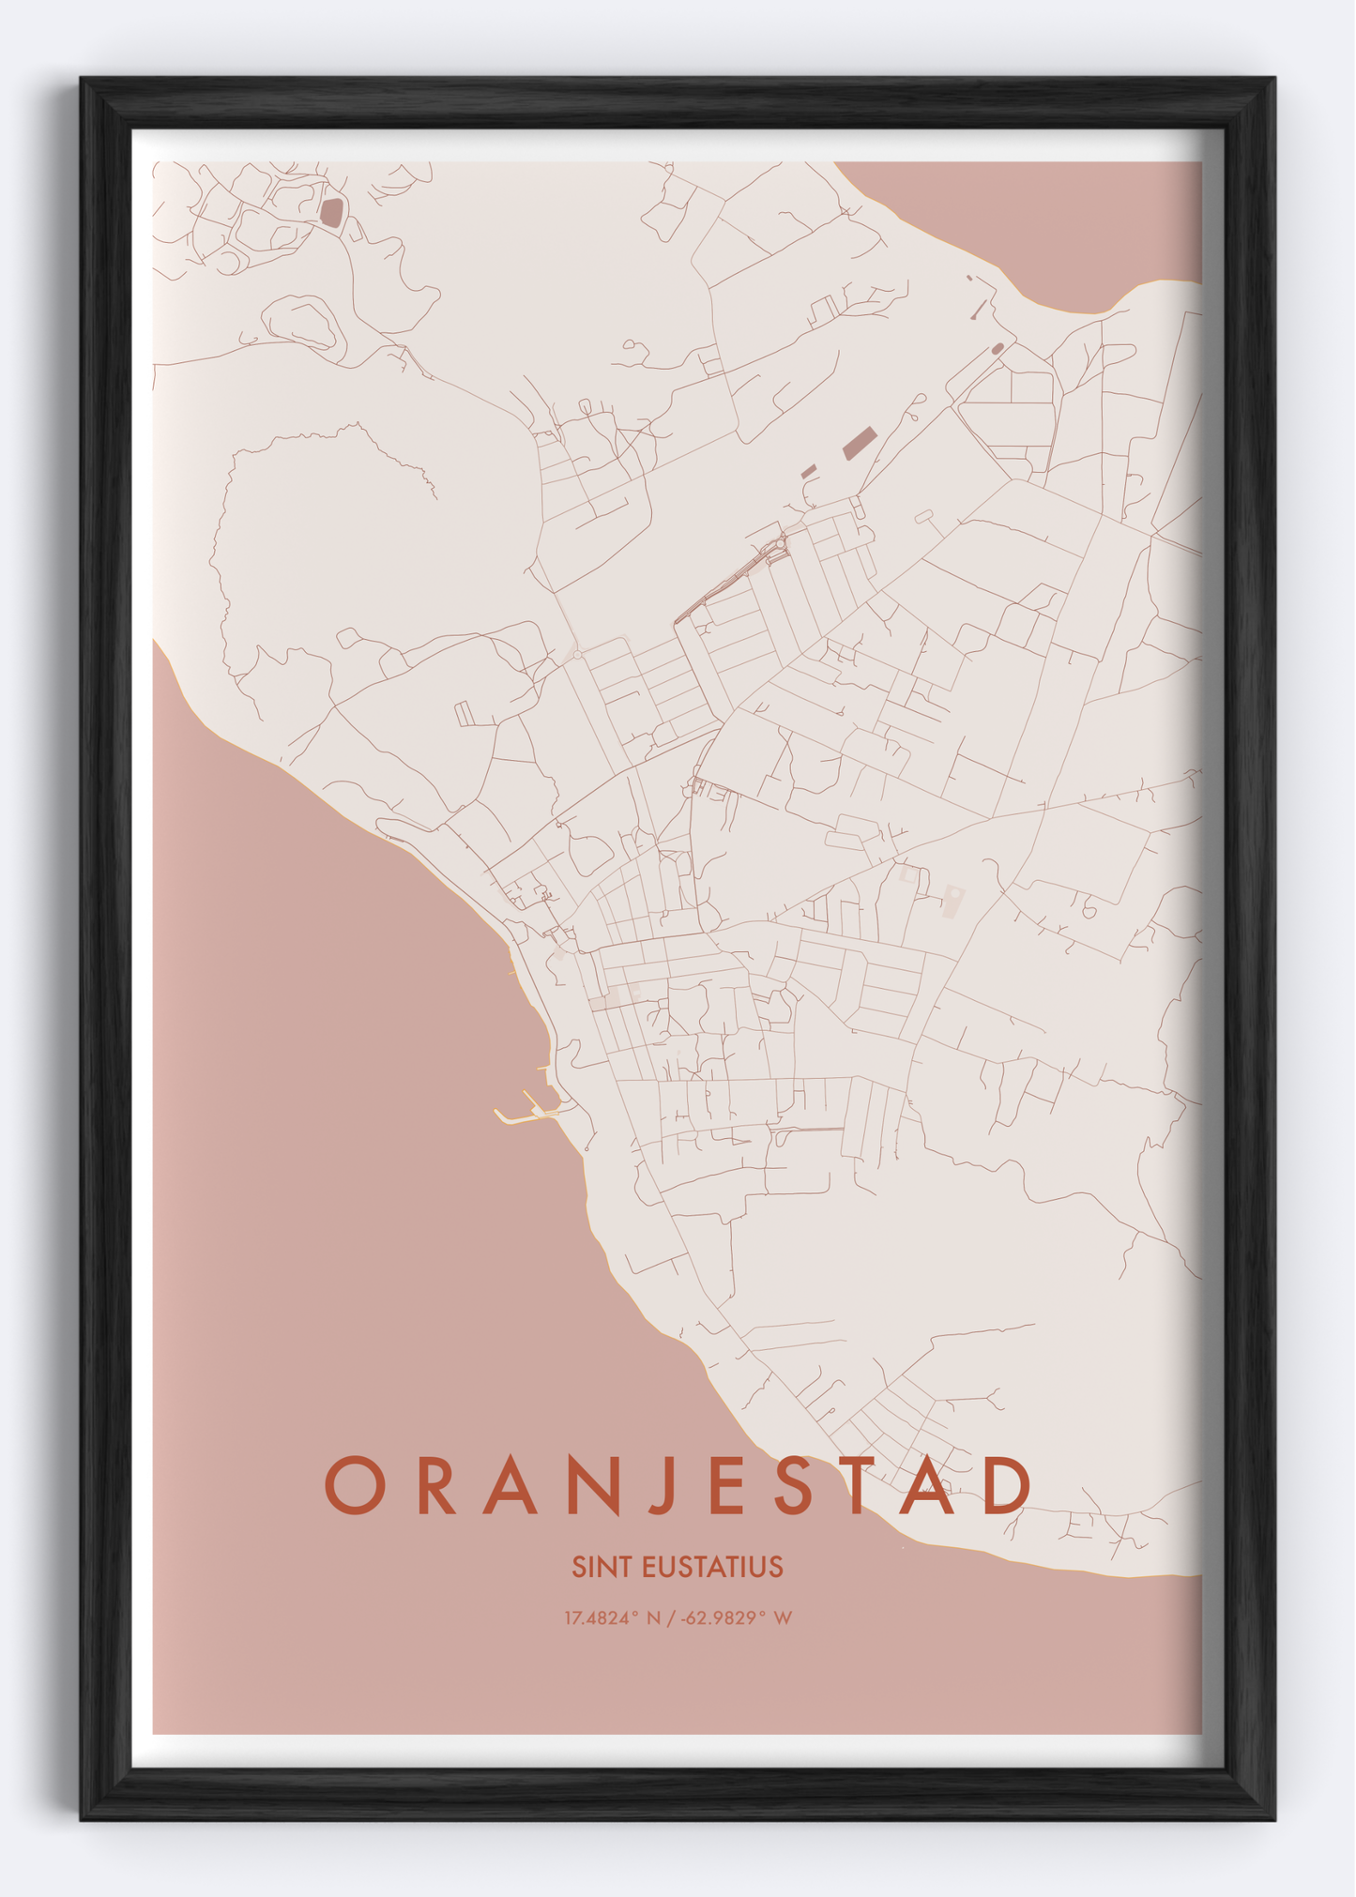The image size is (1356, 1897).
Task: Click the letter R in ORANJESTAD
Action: tap(435, 1485)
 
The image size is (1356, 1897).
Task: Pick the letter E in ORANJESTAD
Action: tap(729, 1485)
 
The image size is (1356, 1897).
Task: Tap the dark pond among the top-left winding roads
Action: tap(331, 212)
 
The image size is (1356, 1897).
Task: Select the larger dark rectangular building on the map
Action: tap(860, 442)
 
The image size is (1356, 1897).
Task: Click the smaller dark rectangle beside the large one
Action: tap(809, 472)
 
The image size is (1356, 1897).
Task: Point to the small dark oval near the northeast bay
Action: tap(997, 349)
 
